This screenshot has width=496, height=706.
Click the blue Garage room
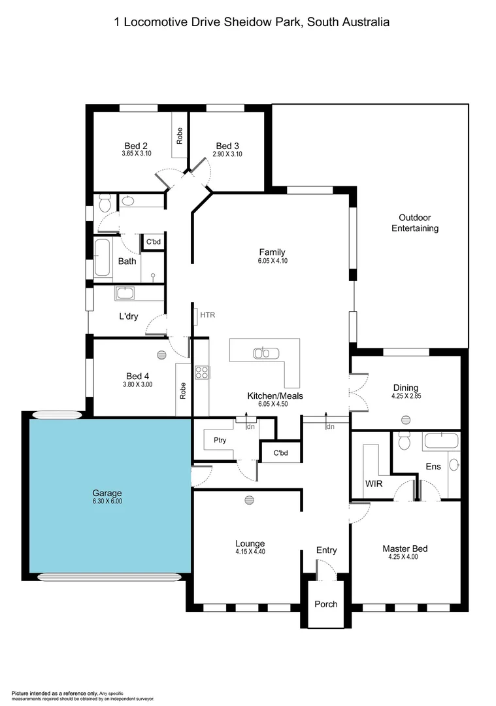tap(107, 497)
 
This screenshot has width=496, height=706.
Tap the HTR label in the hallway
tap(207, 315)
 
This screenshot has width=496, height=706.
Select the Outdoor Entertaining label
tap(414, 223)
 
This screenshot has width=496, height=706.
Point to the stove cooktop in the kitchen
tap(202, 373)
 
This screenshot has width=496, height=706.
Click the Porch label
tap(325, 603)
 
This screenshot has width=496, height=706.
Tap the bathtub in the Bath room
tap(101, 258)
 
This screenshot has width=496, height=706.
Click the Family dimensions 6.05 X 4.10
tap(272, 261)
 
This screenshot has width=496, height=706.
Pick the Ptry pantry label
tap(220, 440)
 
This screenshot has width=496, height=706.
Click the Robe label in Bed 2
tap(179, 135)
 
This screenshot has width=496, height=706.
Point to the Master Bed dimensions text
tap(405, 557)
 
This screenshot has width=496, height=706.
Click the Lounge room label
tap(250, 543)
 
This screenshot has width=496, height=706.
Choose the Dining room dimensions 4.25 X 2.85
tap(405, 396)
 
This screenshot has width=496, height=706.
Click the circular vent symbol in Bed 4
tap(161, 354)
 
